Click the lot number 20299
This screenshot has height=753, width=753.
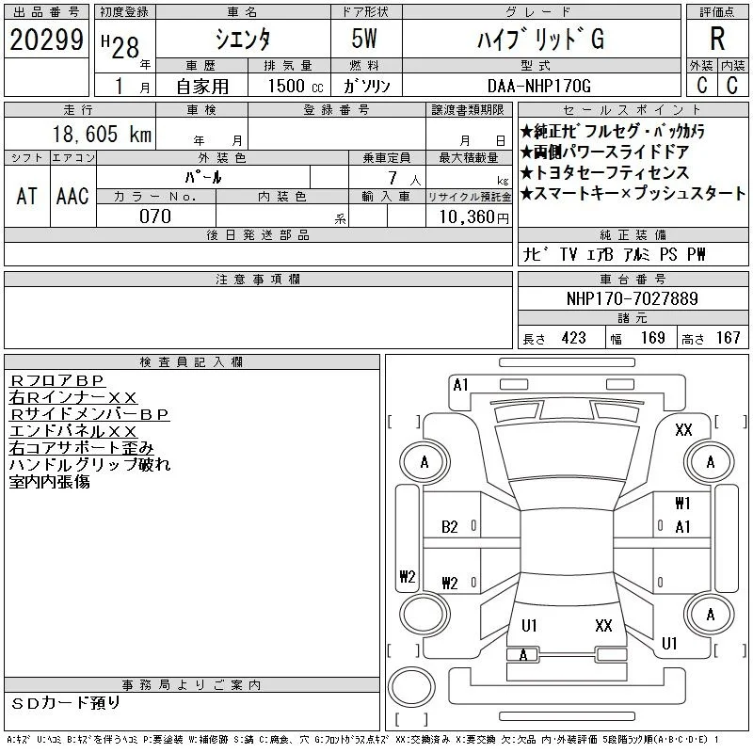tap(46, 40)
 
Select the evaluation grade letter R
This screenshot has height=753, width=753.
tap(717, 39)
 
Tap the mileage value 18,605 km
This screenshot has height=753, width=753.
tap(102, 134)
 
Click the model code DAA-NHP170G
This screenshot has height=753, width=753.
tap(538, 86)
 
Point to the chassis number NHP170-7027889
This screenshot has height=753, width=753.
tap(632, 298)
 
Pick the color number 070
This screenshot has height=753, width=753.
tap(155, 216)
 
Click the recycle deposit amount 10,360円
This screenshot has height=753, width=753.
tap(474, 217)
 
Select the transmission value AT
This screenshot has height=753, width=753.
tap(27, 196)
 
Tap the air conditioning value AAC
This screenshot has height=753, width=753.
tap(72, 196)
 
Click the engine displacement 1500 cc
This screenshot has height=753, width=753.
tap(296, 86)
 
